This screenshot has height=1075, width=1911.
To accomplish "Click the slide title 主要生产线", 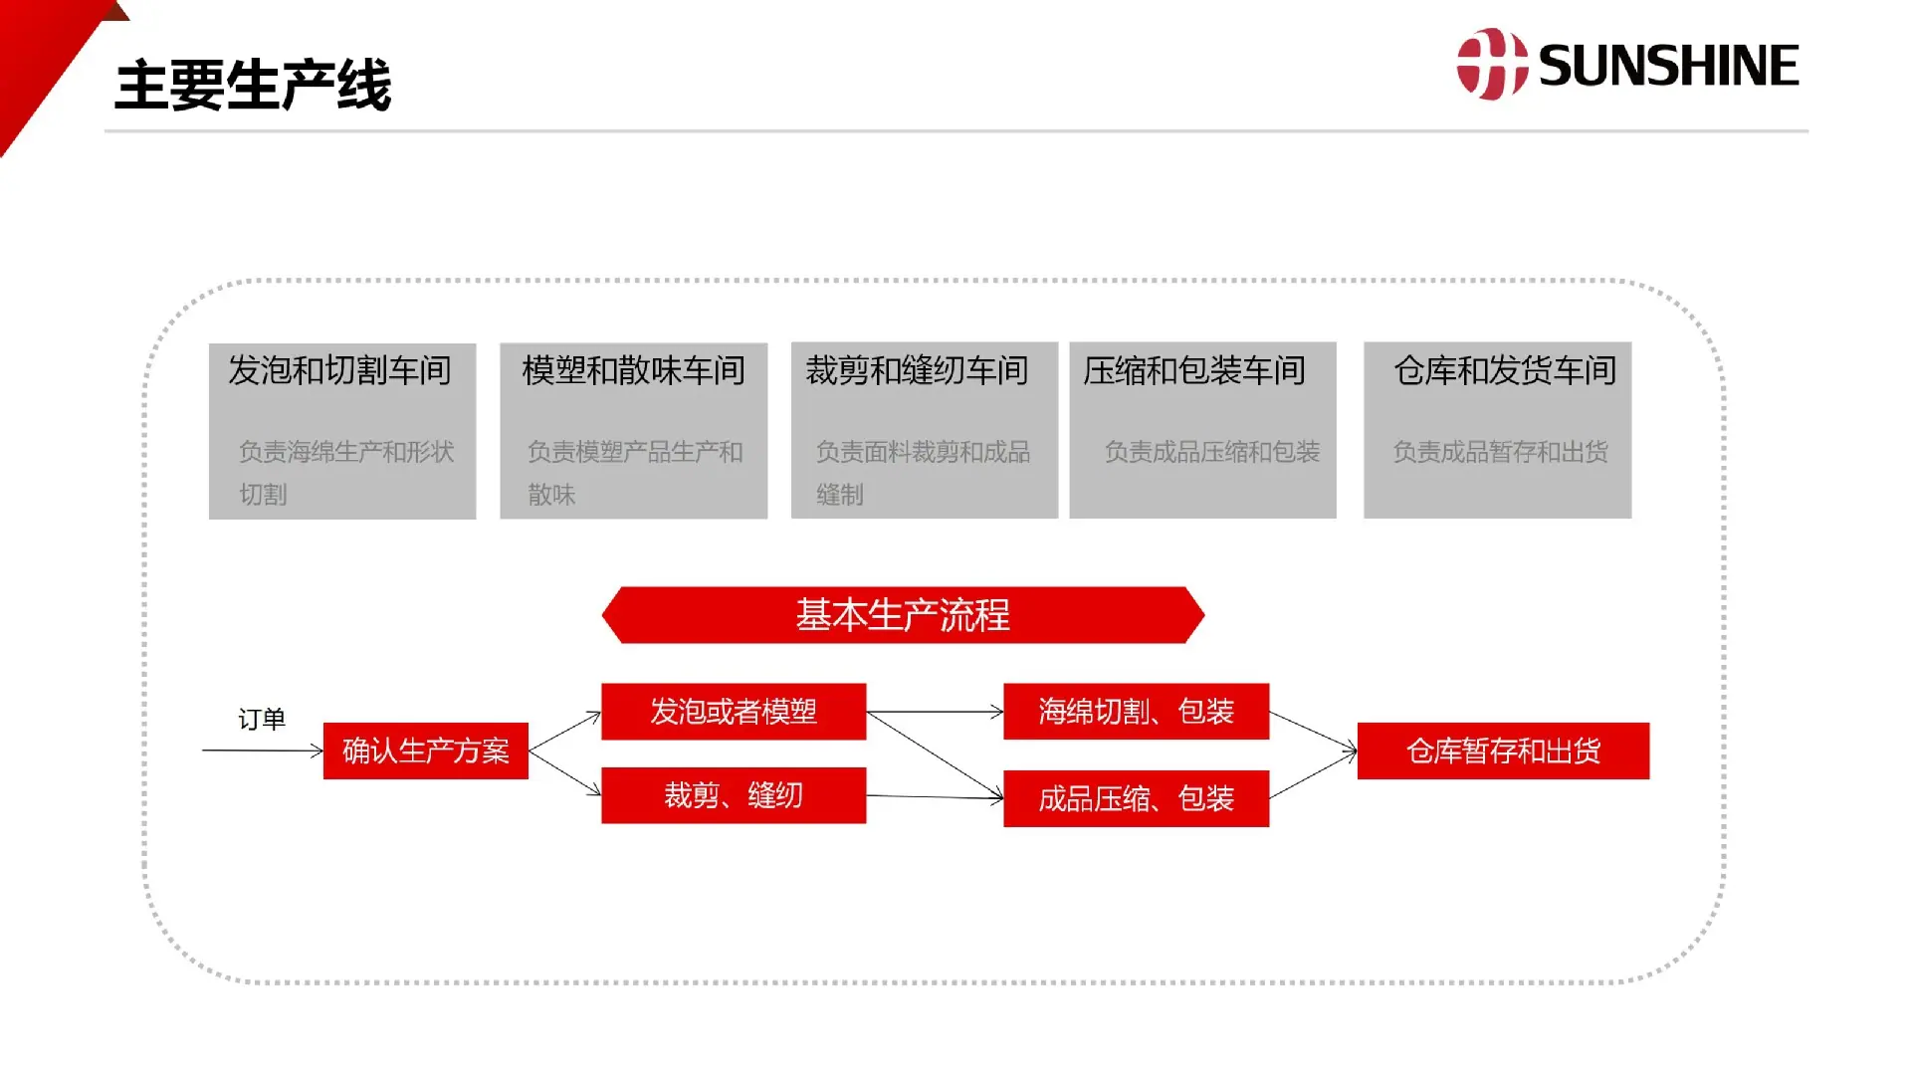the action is pyautogui.click(x=253, y=85).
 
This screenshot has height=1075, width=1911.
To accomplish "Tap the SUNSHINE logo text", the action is pyautogui.click(x=1668, y=66).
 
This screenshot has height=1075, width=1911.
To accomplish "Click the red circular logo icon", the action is pyautogui.click(x=1492, y=65).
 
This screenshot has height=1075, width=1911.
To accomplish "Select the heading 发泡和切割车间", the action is pyautogui.click(x=339, y=370).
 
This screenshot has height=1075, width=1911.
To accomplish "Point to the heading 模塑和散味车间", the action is pyautogui.click(x=634, y=370).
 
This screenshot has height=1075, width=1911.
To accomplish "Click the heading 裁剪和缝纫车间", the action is pyautogui.click(x=917, y=370).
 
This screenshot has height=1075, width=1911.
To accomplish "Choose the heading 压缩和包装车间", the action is pyautogui.click(x=1194, y=370).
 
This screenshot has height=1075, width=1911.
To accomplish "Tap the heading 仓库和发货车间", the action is pyautogui.click(x=1505, y=370).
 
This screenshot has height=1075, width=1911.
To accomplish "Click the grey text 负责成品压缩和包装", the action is pyautogui.click(x=1212, y=452).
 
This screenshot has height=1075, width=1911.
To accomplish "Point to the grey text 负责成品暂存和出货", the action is pyautogui.click(x=1501, y=452).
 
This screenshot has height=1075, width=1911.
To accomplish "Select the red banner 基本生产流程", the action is pyautogui.click(x=904, y=615).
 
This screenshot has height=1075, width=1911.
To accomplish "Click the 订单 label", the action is pyautogui.click(x=262, y=719).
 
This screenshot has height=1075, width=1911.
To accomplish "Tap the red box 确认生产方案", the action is pyautogui.click(x=426, y=751).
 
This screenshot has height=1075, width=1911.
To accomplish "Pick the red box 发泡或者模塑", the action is pyautogui.click(x=734, y=711).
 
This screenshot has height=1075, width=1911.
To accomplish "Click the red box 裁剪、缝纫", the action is pyautogui.click(x=734, y=795).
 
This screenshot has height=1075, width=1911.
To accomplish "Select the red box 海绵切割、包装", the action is pyautogui.click(x=1136, y=711).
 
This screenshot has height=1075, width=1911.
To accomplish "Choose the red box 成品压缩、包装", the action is pyautogui.click(x=1136, y=798).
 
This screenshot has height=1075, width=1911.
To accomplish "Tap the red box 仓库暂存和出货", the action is pyautogui.click(x=1503, y=751).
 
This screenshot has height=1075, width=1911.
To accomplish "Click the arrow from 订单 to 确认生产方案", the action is pyautogui.click(x=263, y=751).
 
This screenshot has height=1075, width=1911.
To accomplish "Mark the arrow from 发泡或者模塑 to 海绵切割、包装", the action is pyautogui.click(x=935, y=712).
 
